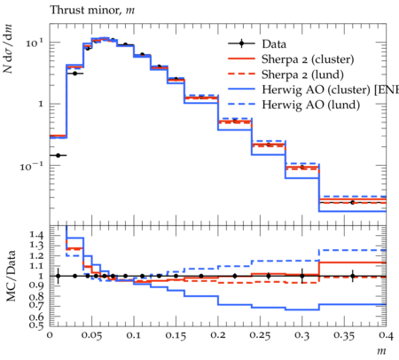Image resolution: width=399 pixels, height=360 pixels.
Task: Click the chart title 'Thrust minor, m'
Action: coord(92,11)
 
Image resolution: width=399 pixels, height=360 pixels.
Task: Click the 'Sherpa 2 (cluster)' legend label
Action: coord(308,59)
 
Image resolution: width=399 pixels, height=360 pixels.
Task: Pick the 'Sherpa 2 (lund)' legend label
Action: coord(302,74)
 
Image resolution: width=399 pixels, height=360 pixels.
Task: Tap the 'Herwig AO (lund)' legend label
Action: coord(311,105)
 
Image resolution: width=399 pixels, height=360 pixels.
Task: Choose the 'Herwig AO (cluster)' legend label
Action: coord(316,90)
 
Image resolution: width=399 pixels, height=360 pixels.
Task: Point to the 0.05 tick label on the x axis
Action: coord(91,335)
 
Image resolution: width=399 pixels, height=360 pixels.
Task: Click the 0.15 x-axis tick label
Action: coord(176,335)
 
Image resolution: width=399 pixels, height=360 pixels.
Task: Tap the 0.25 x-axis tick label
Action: coord(260,335)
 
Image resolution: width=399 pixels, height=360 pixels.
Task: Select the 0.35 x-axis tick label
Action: coord(344,335)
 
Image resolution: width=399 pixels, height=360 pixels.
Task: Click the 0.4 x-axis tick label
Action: coord(386,335)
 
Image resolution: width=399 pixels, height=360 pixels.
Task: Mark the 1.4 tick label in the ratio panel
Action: coord(36,235)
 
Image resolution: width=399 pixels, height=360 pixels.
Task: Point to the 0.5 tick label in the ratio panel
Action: coord(36,325)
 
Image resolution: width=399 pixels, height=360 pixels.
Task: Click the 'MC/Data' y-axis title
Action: coord(12,276)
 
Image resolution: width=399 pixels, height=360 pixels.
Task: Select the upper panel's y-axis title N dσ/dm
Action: coord(8,49)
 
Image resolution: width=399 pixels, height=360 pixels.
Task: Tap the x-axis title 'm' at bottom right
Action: coord(381,351)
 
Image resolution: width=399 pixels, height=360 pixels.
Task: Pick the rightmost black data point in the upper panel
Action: coord(352,202)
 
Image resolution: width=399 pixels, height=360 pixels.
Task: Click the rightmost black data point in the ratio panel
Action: coord(352,276)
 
